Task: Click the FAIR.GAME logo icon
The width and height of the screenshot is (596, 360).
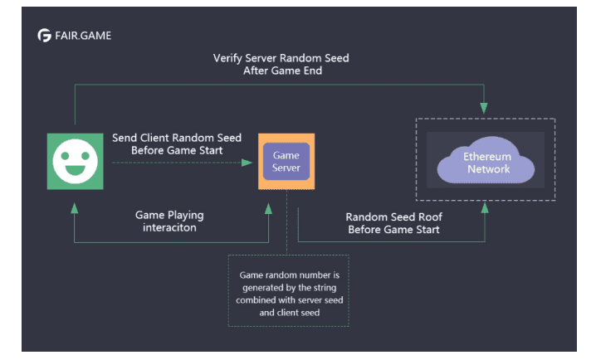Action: [x=44, y=36]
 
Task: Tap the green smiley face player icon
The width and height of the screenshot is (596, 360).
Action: [x=76, y=161]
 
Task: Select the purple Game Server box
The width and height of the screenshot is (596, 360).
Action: [x=286, y=161]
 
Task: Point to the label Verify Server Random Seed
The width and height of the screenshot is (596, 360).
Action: [x=281, y=59]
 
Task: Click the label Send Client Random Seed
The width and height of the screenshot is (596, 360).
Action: [x=176, y=138]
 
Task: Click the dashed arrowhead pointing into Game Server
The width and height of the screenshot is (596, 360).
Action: [x=248, y=162]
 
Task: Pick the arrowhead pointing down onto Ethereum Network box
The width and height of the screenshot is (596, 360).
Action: [x=484, y=110]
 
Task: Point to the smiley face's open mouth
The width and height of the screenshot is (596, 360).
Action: [x=76, y=172]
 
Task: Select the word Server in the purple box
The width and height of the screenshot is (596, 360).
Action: [x=286, y=168]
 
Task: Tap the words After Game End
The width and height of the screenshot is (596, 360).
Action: [x=281, y=71]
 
